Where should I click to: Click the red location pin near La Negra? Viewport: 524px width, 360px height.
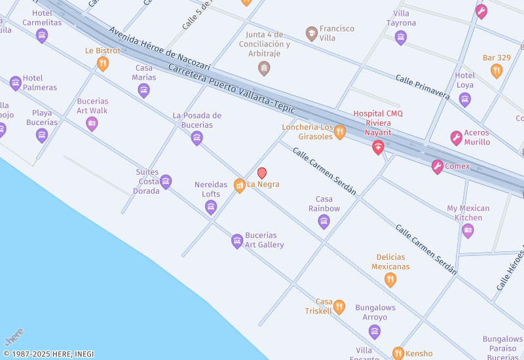[262, 173]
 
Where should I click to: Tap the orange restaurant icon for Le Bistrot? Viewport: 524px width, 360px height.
[103, 63]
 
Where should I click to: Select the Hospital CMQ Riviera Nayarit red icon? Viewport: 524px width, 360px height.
[378, 147]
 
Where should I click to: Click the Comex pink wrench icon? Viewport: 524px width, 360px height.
[438, 167]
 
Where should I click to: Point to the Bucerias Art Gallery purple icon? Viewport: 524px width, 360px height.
[237, 242]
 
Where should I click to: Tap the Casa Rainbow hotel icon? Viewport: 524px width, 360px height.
[324, 221]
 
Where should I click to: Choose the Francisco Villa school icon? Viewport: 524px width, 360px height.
[312, 33]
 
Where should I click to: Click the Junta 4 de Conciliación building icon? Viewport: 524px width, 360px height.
[264, 68]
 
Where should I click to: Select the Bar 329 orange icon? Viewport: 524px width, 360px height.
[496, 71]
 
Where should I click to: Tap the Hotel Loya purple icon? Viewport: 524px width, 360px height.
[465, 99]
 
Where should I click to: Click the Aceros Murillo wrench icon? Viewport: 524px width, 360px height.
[457, 138]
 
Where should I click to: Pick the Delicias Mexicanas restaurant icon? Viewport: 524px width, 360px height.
[390, 280]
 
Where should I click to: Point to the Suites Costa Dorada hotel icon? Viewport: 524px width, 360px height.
[166, 182]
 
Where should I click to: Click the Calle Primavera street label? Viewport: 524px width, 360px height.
[422, 86]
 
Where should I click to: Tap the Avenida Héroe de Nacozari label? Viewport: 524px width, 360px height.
[160, 49]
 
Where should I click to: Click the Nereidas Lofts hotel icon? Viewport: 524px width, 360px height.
[211, 207]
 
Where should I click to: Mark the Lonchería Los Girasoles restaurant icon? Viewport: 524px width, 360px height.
[339, 133]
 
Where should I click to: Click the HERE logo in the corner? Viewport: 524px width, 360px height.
[14, 336]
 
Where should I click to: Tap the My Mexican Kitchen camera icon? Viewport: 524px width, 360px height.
[468, 230]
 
